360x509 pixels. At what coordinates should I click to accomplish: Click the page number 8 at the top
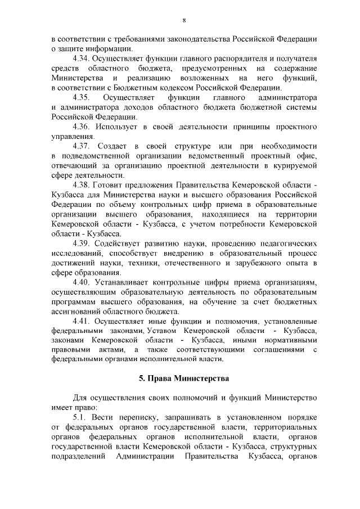pyautogui.click(x=183, y=21)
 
